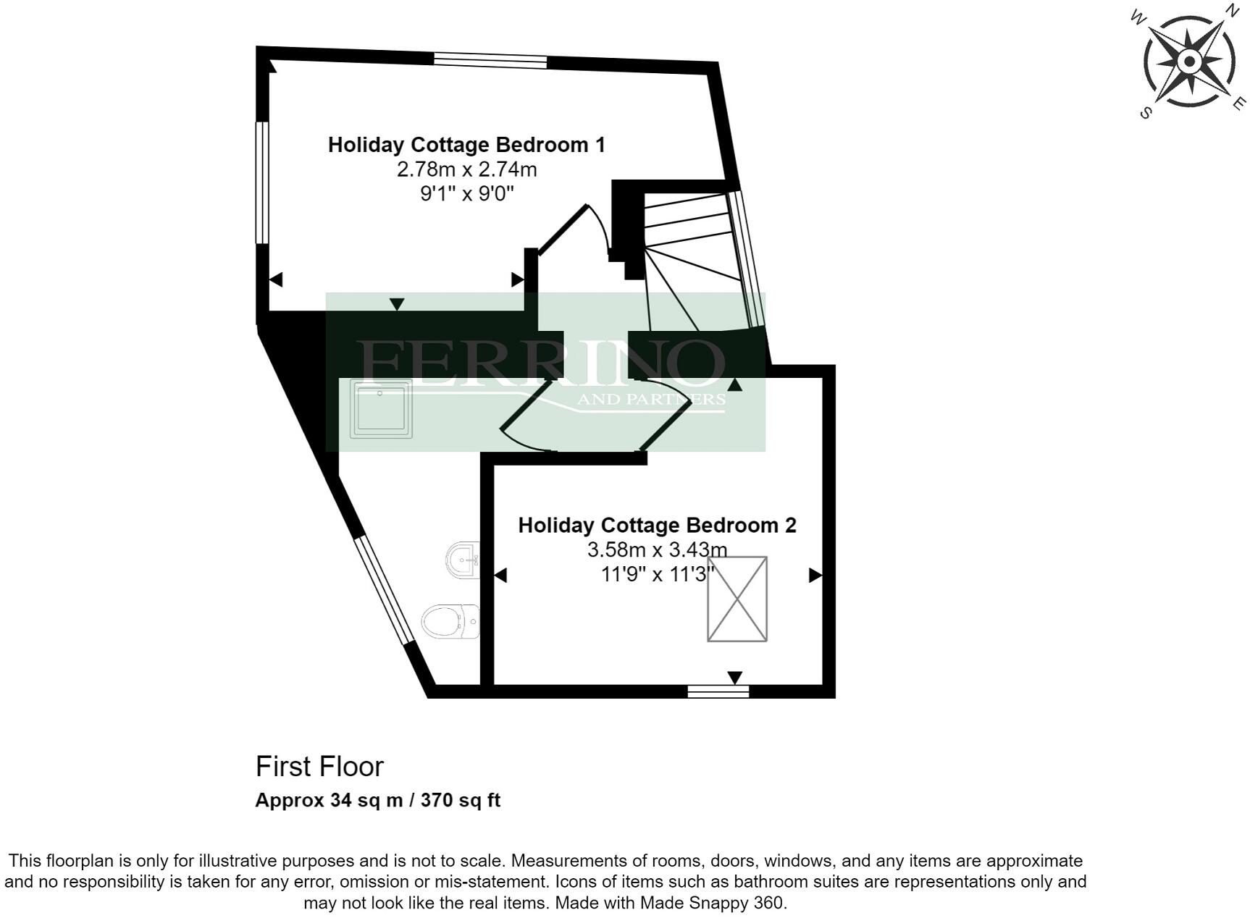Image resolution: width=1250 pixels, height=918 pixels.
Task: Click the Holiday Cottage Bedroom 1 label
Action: tap(466, 145)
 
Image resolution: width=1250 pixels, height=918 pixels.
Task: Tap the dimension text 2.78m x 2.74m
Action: tap(466, 169)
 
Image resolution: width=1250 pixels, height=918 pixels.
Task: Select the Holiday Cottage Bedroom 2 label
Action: tap(657, 525)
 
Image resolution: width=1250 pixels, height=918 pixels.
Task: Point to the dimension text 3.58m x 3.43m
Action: tap(657, 549)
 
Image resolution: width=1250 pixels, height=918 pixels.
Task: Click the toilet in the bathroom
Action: tap(449, 622)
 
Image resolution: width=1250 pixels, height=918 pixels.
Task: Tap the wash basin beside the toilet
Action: tap(463, 559)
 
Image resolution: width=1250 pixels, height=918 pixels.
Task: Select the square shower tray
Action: tap(381, 408)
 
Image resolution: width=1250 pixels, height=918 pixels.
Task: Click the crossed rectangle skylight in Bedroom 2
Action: tap(737, 599)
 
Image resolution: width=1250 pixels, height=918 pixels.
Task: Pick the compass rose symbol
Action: tap(1189, 62)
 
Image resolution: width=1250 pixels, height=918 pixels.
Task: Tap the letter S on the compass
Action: tap(1145, 113)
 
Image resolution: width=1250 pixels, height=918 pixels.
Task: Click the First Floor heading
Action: tap(319, 766)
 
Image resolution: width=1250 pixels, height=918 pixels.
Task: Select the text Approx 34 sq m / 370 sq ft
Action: tap(377, 800)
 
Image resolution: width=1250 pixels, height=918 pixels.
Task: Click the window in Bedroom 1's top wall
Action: tap(490, 61)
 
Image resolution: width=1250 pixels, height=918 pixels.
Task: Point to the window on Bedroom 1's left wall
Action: tap(262, 182)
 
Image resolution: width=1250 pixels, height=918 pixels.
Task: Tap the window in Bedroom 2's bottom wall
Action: tap(718, 692)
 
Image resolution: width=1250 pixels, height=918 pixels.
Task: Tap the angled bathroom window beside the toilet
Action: tap(385, 589)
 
